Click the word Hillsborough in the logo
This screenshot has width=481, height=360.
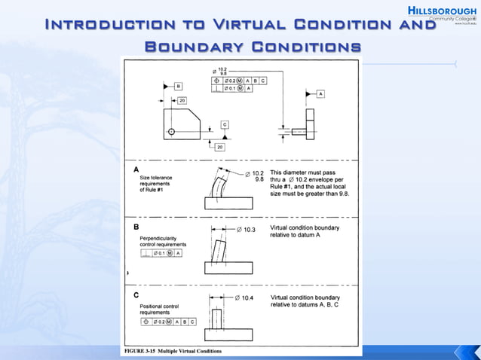[x=443, y=11]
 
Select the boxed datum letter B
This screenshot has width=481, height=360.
[x=178, y=87]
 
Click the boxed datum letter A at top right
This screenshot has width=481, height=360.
[x=320, y=93]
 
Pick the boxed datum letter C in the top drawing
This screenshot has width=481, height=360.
[x=225, y=123]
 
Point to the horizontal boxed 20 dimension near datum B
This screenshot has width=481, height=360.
[x=182, y=100]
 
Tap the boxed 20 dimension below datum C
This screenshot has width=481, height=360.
[x=219, y=148]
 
